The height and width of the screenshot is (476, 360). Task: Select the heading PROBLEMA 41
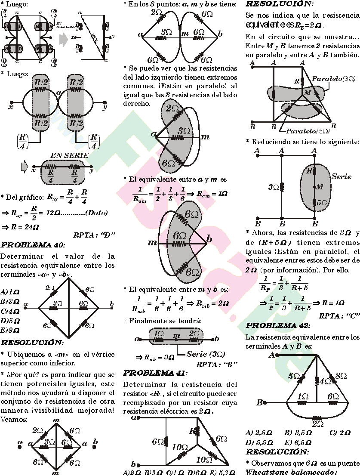(x=155, y=373)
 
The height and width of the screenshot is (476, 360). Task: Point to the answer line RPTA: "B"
(x=217, y=365)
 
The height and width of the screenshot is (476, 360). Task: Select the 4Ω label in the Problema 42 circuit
(x=326, y=381)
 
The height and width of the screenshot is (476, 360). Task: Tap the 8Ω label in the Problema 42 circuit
(x=341, y=376)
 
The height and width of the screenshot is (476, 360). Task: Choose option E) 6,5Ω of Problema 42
(x=298, y=442)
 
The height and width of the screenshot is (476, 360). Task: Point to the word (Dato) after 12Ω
(x=97, y=213)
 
